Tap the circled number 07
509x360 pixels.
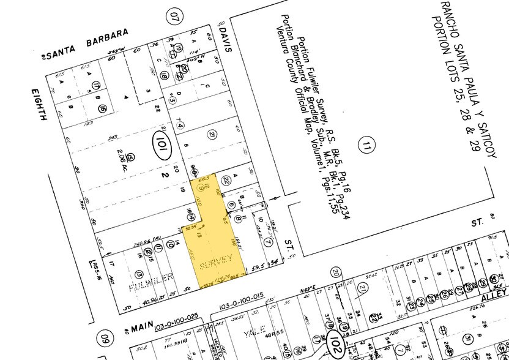177,13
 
